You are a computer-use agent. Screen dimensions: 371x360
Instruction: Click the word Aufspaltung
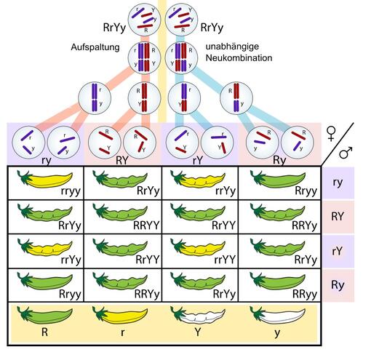pyautogui.click(x=95, y=47)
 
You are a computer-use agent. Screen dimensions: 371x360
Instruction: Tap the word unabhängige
pyautogui.click(x=232, y=47)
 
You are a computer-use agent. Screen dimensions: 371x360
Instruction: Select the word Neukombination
pyautogui.click(x=239, y=57)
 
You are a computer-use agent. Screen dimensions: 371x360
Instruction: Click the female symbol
pyautogui.click(x=331, y=134)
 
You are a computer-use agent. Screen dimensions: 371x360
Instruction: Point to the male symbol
pyautogui.click(x=346, y=153)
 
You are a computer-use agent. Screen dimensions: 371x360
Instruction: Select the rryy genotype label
pyautogui.click(x=71, y=191)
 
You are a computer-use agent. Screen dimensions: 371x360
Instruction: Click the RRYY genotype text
pyautogui.click(x=146, y=225)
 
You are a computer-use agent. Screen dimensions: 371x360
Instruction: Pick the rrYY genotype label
pyautogui.click(x=225, y=260)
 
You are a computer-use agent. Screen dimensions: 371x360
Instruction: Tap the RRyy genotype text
pyautogui.click(x=305, y=294)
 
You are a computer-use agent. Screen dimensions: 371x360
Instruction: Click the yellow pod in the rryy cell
pyautogui.click(x=45, y=180)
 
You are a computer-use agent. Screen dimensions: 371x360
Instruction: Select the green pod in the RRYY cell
pyautogui.click(x=120, y=213)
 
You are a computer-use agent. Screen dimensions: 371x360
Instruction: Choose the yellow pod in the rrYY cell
pyautogui.click(x=198, y=247)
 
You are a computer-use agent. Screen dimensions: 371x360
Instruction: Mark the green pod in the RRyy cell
pyautogui.click(x=277, y=281)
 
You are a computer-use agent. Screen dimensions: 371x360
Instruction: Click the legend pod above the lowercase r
pyautogui.click(x=120, y=315)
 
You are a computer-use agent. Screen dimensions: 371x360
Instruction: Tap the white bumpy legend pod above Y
pyautogui.click(x=198, y=315)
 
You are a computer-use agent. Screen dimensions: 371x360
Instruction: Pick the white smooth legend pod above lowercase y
pyautogui.click(x=277, y=315)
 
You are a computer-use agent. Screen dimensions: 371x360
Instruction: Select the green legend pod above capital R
pyautogui.click(x=45, y=315)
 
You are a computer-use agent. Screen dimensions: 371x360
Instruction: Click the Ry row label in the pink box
pyautogui.click(x=338, y=285)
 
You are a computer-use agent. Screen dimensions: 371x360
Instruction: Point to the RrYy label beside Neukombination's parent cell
pyautogui.click(x=212, y=28)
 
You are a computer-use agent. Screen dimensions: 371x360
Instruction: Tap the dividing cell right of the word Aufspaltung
pyautogui.click(x=144, y=57)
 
